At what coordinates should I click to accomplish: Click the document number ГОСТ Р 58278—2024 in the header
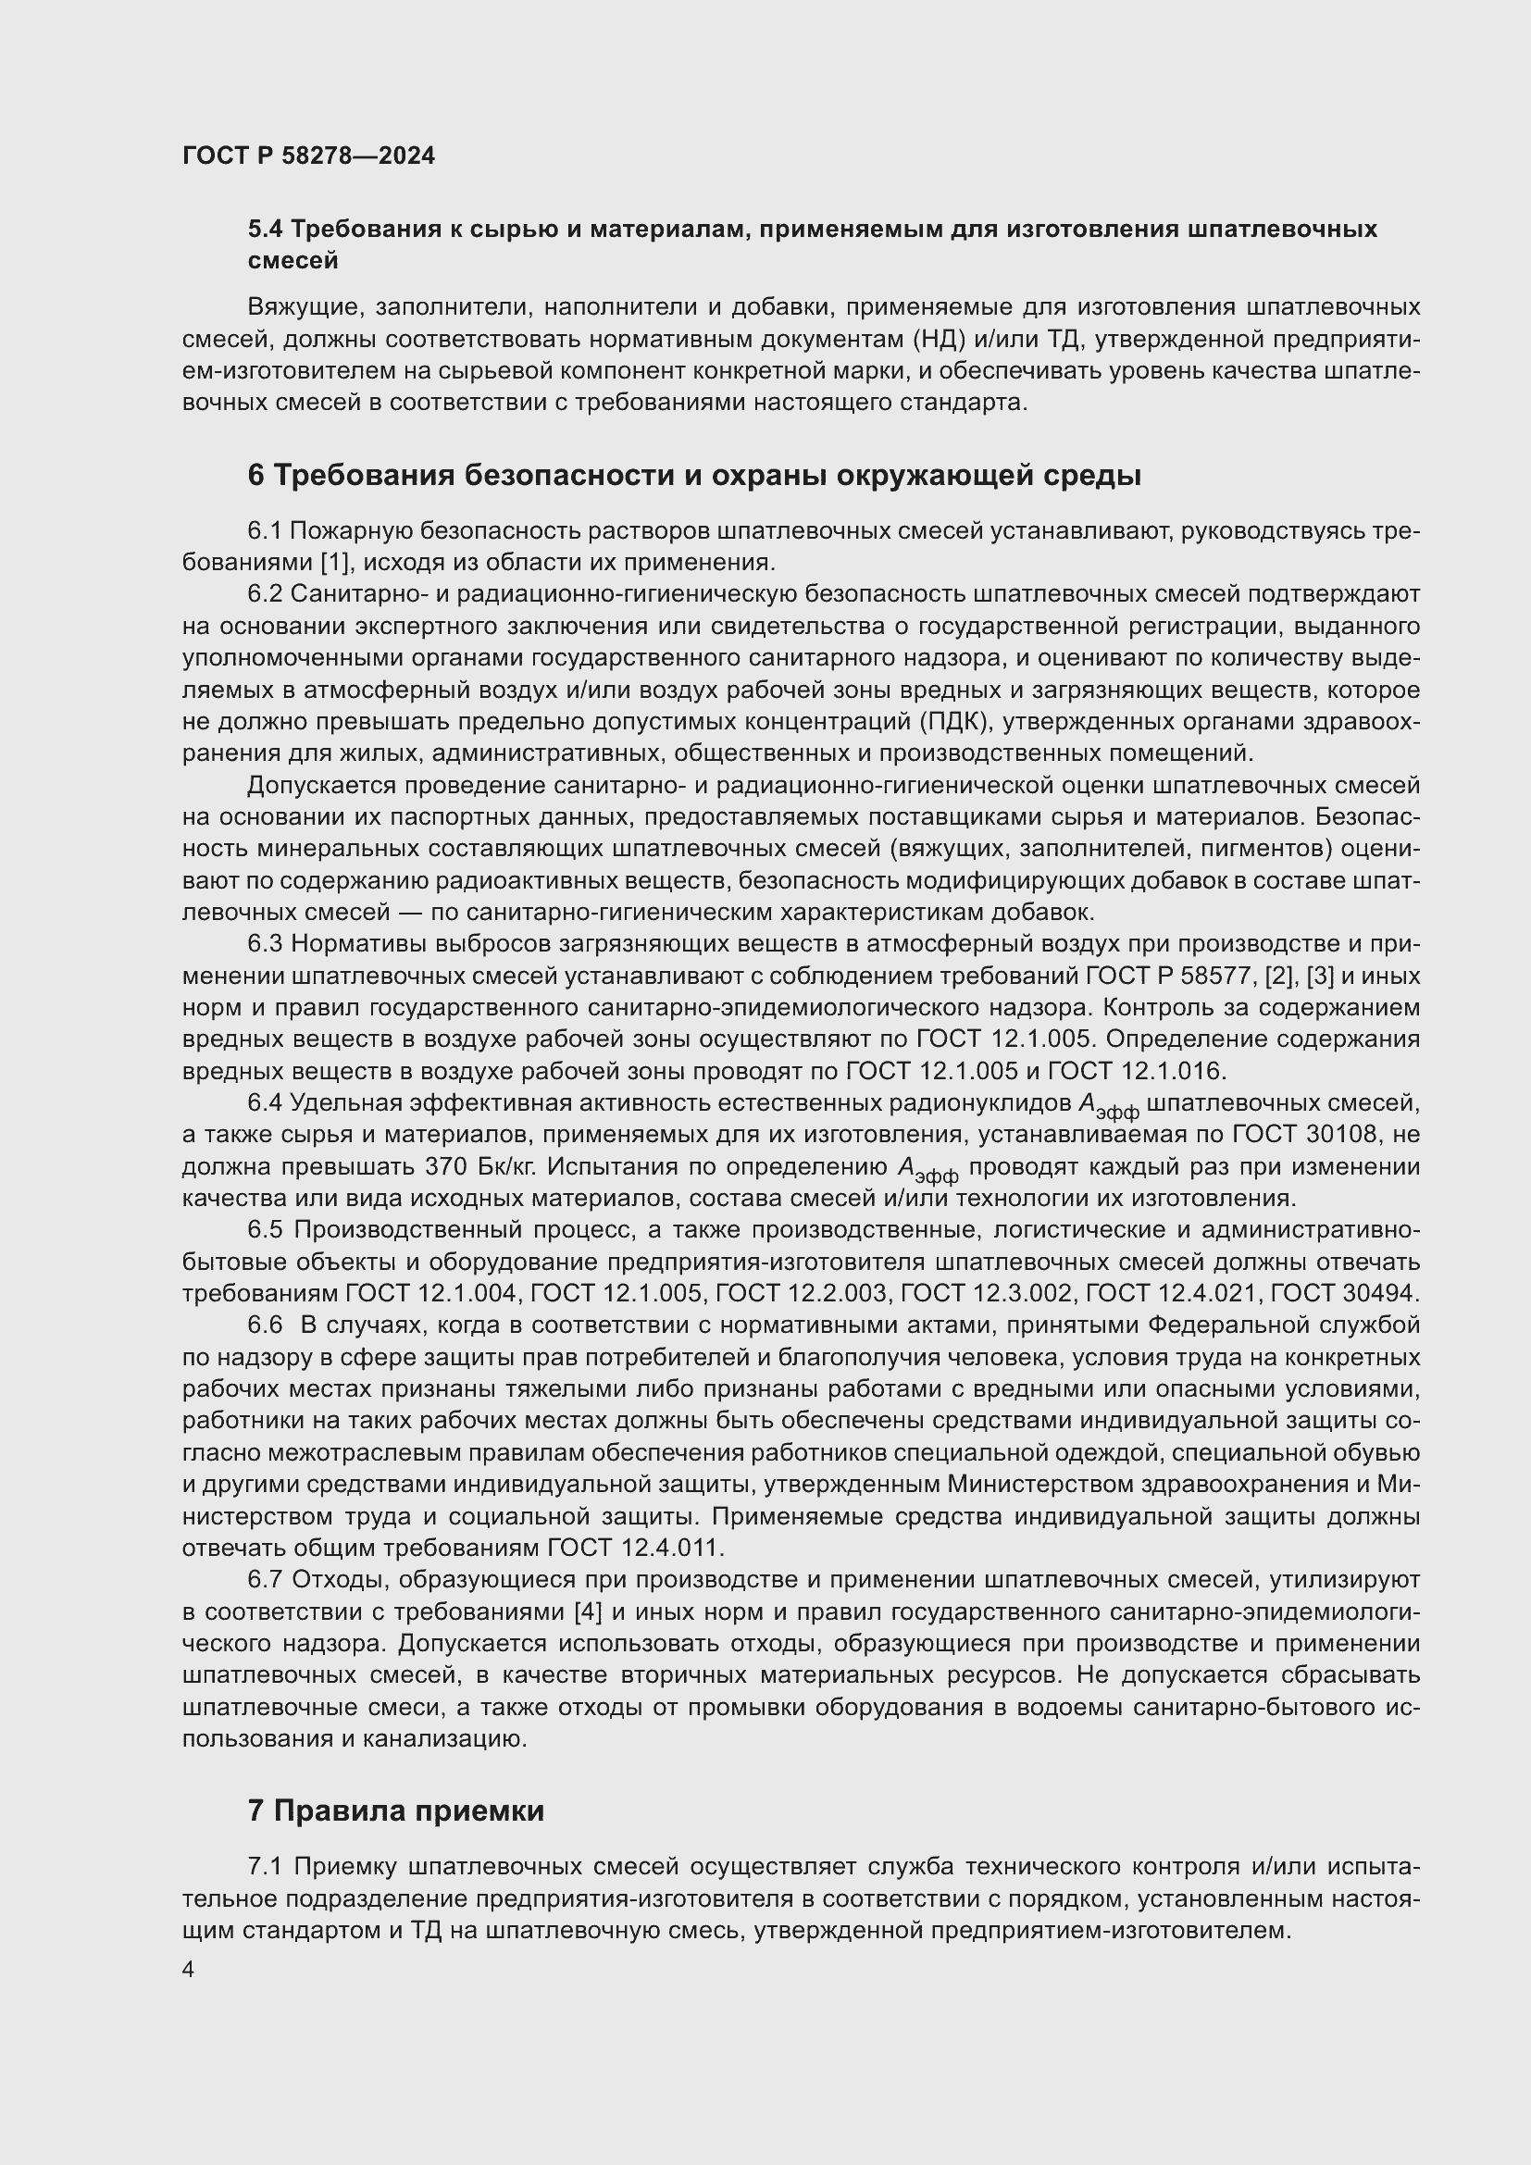pyautogui.click(x=308, y=156)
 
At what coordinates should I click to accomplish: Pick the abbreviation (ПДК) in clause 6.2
pyautogui.click(x=952, y=721)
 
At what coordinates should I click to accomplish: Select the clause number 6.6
pyautogui.click(x=265, y=1325)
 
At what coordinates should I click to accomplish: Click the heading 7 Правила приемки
pyautogui.click(x=397, y=1810)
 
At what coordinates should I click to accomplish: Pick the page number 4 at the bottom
pyautogui.click(x=189, y=1970)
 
